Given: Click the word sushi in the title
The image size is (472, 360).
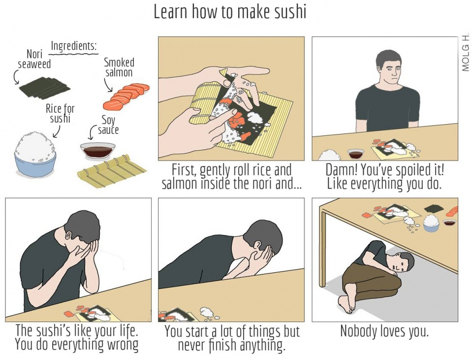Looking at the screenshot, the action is (289, 12).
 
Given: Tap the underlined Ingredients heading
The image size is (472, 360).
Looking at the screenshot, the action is (74, 46).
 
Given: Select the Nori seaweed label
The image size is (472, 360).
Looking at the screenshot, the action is (34, 59).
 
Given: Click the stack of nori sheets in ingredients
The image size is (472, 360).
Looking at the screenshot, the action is (45, 87).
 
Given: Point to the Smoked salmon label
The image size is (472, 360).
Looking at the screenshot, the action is (119, 67).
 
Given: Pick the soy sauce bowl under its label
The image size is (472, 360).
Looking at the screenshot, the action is (97, 151).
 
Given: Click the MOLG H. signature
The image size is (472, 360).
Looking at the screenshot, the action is (465, 52).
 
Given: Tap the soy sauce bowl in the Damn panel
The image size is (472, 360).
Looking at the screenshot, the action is (355, 153).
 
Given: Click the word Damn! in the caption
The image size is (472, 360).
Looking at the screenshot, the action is (342, 170).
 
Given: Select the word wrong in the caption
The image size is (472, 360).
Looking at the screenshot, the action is (121, 344).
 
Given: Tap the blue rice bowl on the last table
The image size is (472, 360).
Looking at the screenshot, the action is (431, 223).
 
